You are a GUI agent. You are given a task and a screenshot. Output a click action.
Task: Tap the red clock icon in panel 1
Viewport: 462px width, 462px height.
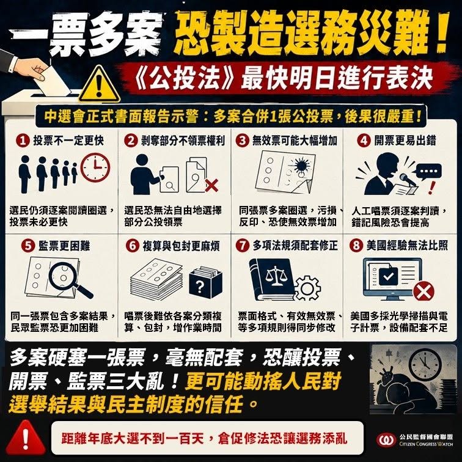tap(95, 167)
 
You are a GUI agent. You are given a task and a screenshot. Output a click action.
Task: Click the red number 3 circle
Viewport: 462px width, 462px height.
tap(242, 141)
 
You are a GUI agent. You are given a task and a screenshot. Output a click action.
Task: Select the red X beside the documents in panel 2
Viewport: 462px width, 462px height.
tap(211, 185)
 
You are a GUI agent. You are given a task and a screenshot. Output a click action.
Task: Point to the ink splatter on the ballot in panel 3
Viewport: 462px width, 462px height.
tap(301, 165)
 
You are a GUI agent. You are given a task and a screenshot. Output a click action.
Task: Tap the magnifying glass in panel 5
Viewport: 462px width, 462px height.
tap(70, 280)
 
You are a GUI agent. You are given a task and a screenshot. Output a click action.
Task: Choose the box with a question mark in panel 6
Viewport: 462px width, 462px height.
tap(205, 282)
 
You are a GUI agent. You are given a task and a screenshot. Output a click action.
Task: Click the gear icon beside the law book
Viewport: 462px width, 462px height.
tap(307, 288)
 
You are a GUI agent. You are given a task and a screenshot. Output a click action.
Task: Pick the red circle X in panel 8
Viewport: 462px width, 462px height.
tap(424, 292)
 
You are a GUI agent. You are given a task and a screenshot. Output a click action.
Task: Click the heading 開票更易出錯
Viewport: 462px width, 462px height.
tap(405, 141)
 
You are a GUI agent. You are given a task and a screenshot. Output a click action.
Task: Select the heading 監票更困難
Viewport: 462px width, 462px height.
tap(64, 246)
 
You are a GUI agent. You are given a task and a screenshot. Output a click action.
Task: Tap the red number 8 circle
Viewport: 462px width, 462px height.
tap(356, 246)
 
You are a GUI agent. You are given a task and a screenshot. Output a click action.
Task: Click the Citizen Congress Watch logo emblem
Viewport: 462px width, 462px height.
tap(386, 441)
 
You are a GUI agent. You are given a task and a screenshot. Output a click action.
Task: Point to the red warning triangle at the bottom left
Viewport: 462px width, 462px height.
tap(26, 438)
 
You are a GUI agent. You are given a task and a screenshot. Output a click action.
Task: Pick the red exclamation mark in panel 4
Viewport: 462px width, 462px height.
tap(431, 188)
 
